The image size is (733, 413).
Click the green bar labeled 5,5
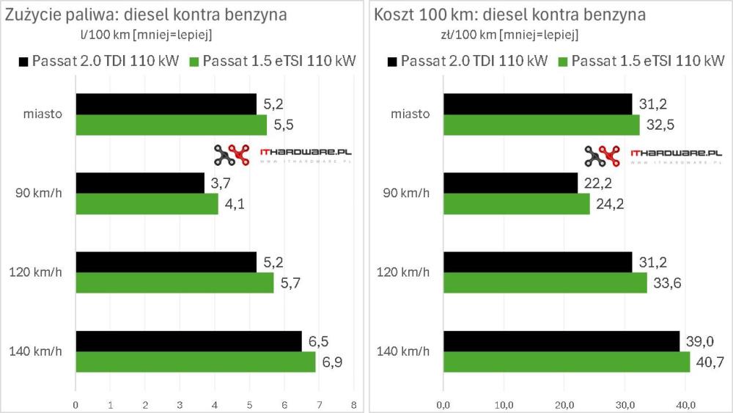point(171,125)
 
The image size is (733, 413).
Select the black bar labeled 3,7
point(139,183)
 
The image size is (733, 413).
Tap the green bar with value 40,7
point(566,362)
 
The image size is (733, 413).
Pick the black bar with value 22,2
point(510,183)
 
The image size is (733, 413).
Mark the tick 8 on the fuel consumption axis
point(353,404)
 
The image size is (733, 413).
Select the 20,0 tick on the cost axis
point(563,404)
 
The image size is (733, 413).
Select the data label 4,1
point(235,204)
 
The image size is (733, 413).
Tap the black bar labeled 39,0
point(561,341)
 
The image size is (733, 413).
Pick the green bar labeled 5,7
point(174,282)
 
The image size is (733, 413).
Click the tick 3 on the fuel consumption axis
point(180,404)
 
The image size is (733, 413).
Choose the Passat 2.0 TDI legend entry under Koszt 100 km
point(472,61)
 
